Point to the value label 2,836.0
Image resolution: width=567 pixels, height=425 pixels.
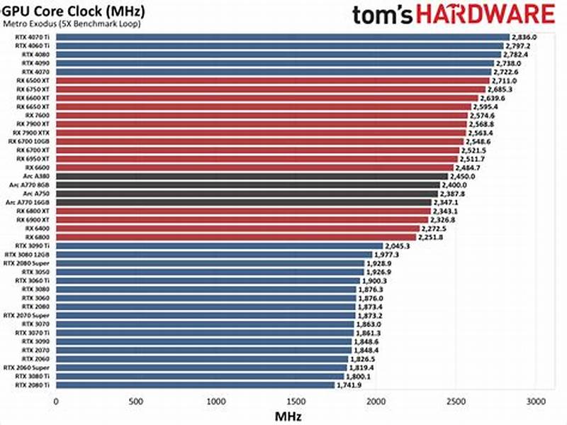[x=525, y=37]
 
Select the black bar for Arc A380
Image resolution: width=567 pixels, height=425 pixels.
[x=252, y=175]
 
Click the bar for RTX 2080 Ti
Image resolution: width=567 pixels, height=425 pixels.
[x=195, y=385]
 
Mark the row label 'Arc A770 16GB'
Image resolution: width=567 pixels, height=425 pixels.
[x=29, y=202]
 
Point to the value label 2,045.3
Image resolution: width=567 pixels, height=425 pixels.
[x=398, y=245]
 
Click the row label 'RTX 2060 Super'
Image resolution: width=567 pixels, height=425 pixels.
[x=28, y=368]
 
